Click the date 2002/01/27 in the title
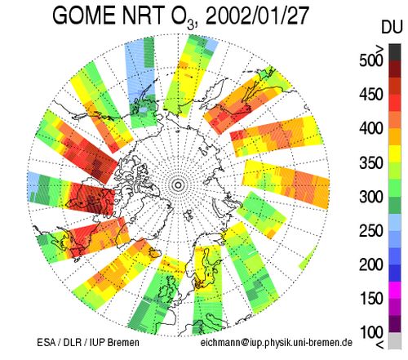click(257, 16)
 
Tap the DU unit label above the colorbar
click(392, 28)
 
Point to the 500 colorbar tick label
click(371, 60)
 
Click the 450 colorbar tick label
click(371, 95)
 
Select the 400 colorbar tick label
click(371, 128)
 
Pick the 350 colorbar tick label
click(371, 162)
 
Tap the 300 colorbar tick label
click(371, 197)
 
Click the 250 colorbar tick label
click(371, 231)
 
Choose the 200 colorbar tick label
click(371, 264)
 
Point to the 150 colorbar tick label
click(371, 299)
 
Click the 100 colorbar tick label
click(371, 332)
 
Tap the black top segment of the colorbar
click(395, 52)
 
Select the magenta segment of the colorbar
click(395, 290)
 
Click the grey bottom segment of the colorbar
click(395, 340)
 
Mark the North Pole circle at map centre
click(178, 185)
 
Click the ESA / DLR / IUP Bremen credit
click(88, 343)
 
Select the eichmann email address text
click(277, 343)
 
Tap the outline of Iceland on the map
click(154, 254)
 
